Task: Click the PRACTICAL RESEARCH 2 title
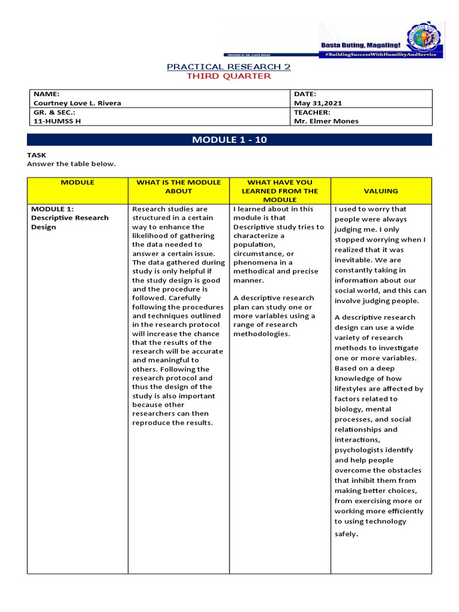[229, 66]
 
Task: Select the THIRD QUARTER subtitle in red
[229, 76]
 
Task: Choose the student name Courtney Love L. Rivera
[77, 103]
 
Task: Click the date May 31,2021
[318, 103]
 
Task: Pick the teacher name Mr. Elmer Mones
[326, 120]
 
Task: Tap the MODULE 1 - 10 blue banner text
[229, 140]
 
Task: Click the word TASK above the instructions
[36, 155]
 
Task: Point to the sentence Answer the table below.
[71, 164]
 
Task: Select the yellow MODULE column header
[78, 182]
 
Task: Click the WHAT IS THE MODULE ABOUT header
[179, 186]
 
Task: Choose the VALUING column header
[381, 191]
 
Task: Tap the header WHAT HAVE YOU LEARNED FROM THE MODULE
[280, 191]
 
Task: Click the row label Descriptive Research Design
[69, 222]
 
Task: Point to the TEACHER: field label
[312, 112]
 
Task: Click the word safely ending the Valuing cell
[345, 533]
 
